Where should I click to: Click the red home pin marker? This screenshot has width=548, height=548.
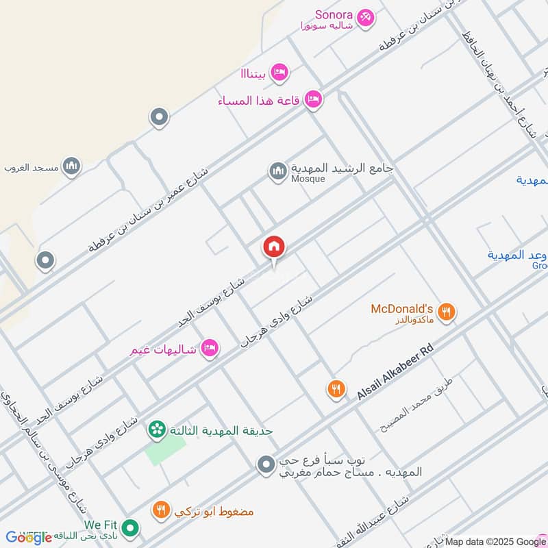coord(274,247)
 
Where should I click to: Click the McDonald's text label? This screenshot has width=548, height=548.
coord(402,308)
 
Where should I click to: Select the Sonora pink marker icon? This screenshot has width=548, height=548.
coord(366,18)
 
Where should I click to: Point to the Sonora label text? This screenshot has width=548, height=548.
coord(334,14)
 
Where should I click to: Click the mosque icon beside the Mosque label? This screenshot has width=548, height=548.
coord(277,171)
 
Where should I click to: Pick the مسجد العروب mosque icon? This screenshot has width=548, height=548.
coord(71,166)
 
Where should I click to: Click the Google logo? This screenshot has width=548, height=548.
coord(29,538)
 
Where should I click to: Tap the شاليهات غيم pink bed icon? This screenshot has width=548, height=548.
coord(210,349)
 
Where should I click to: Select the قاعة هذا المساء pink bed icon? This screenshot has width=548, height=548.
coord(313,99)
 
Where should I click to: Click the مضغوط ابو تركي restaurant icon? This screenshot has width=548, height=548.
coord(162,510)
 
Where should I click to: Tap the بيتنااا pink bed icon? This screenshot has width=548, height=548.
coord(279,73)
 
